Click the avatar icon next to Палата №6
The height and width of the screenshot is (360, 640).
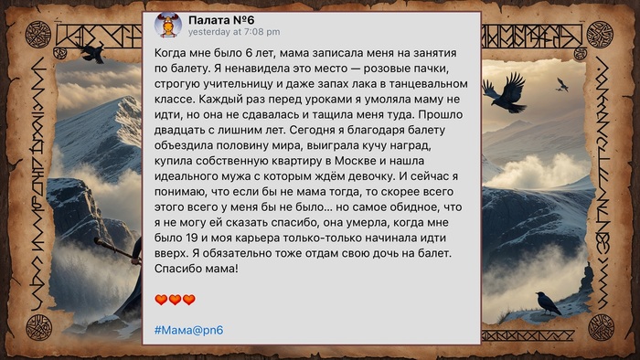168,26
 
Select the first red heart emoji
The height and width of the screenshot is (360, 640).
160,299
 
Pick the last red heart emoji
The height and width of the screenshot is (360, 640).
189,299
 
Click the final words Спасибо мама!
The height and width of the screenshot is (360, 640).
197,268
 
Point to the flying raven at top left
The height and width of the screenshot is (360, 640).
91,51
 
